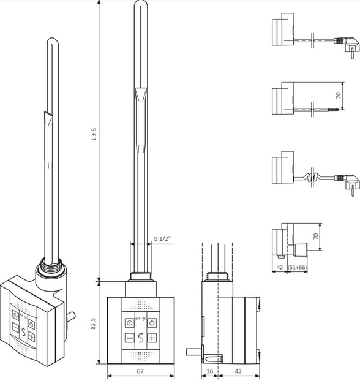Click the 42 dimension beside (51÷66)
point(280,268)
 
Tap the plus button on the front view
point(152,338)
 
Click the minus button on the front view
point(130,338)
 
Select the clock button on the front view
point(130,323)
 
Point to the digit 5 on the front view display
point(141,338)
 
